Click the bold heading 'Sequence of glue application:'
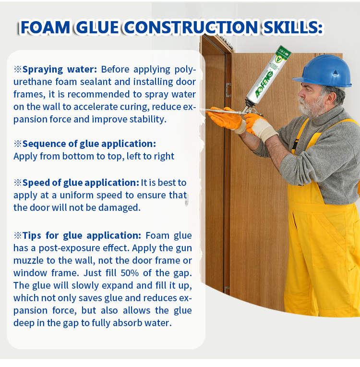(89, 144)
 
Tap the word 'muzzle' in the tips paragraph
(29, 260)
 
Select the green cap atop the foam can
(283, 51)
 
